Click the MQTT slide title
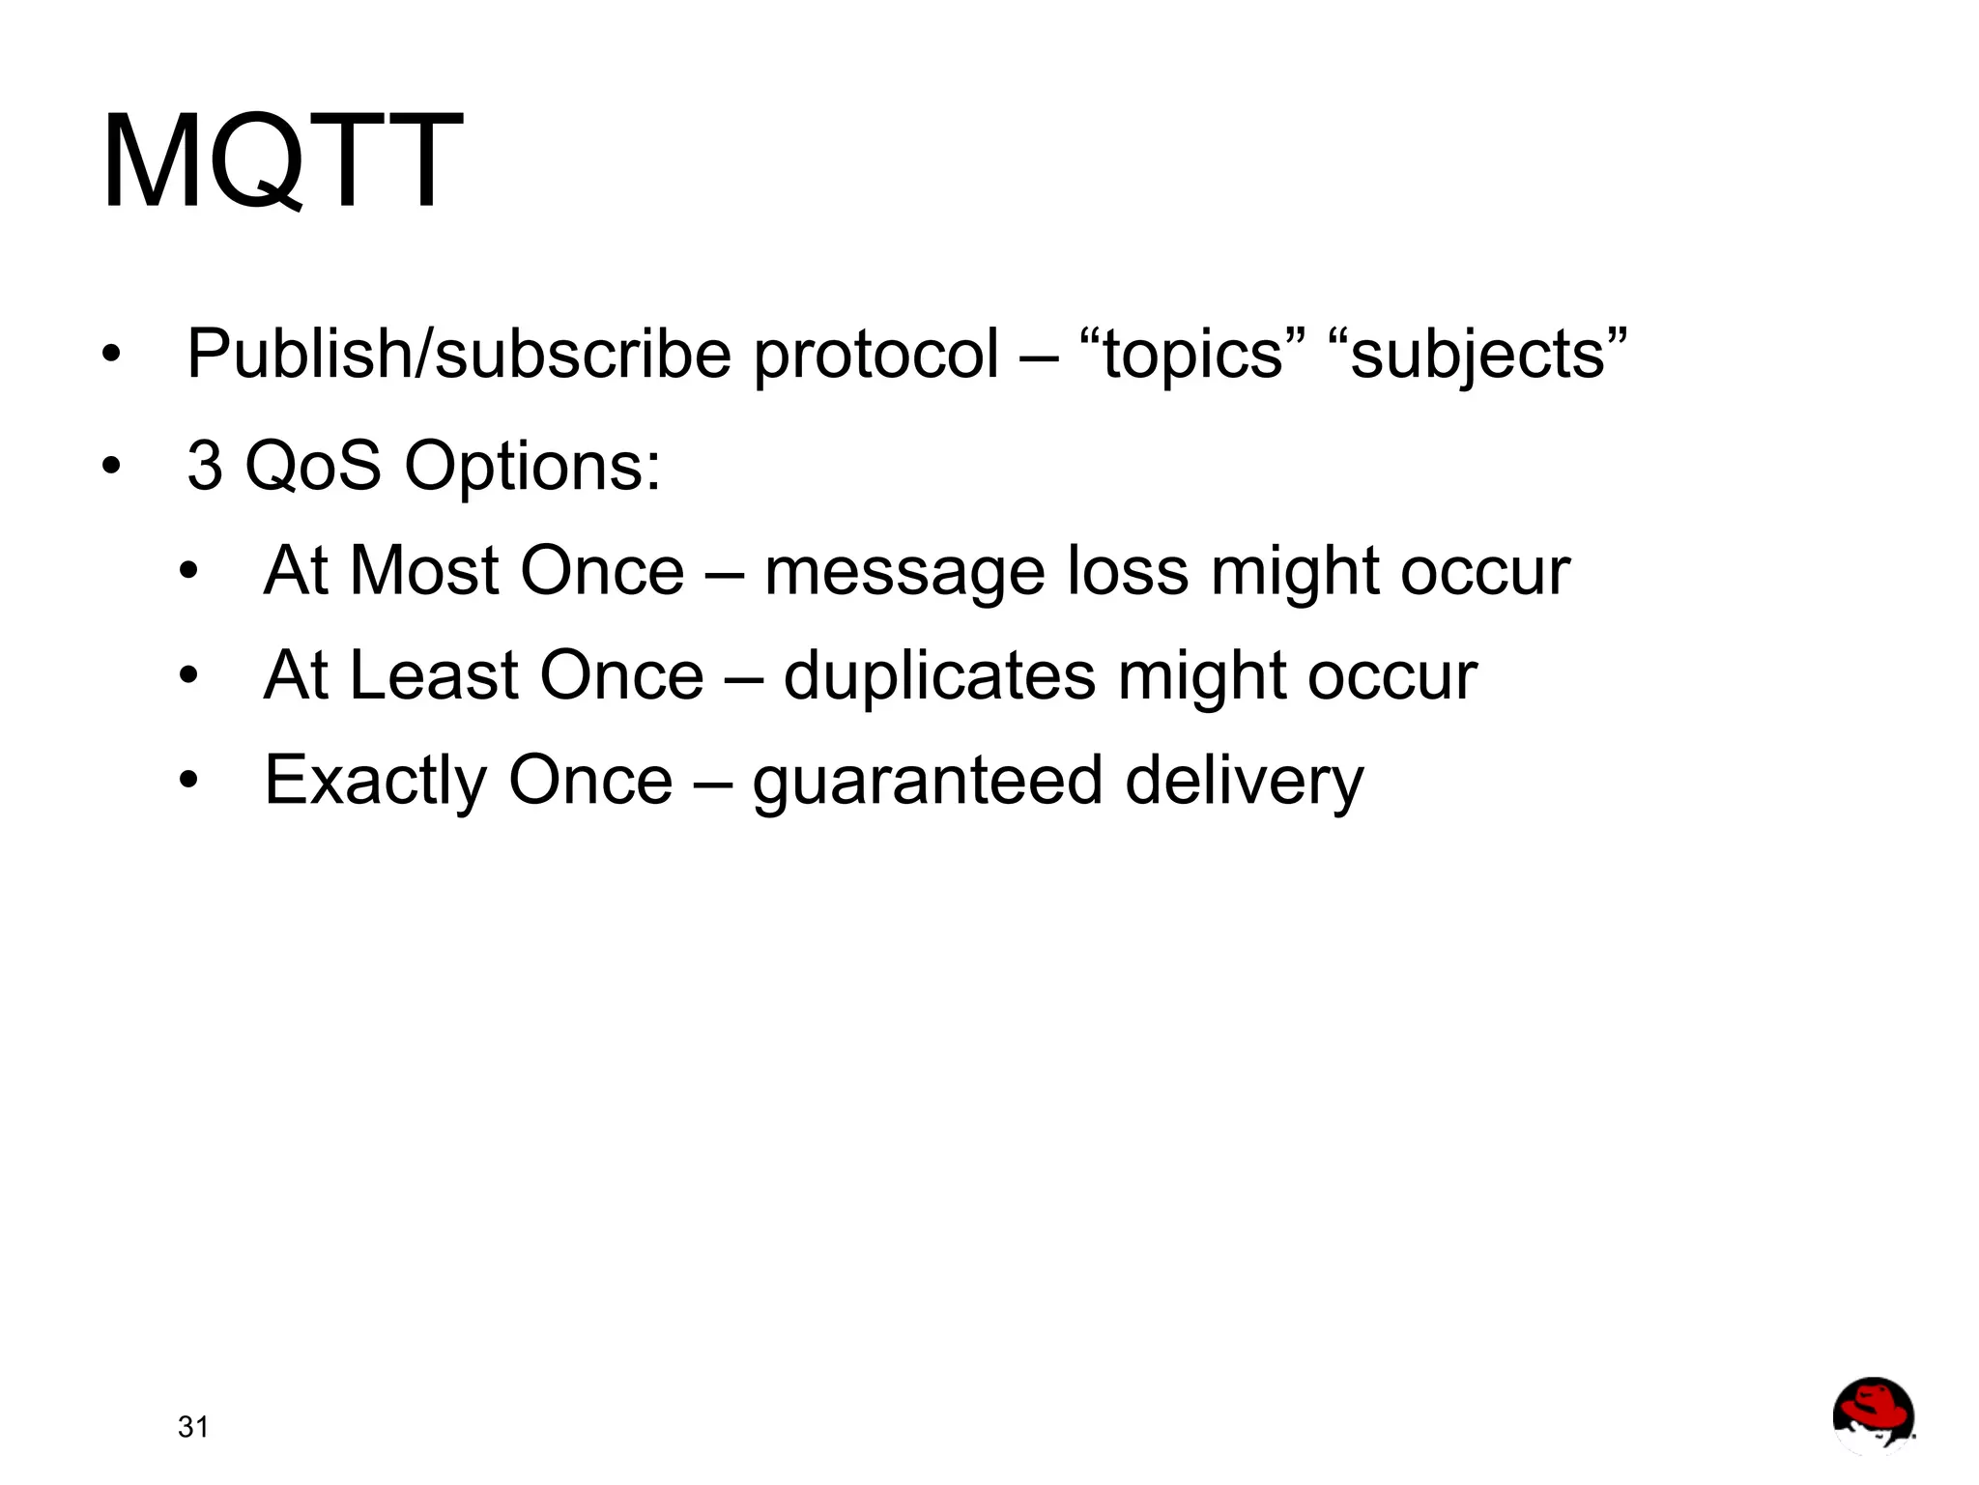pyautogui.click(x=282, y=160)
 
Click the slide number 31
pyautogui.click(x=193, y=1427)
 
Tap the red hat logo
pyautogui.click(x=1873, y=1415)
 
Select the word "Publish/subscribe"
pyautogui.click(x=459, y=355)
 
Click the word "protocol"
pyautogui.click(x=875, y=355)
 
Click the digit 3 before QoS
pyautogui.click(x=204, y=466)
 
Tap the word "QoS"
pyautogui.click(x=313, y=466)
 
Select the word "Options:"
pyautogui.click(x=532, y=466)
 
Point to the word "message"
pyautogui.click(x=904, y=573)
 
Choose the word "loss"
pyautogui.click(x=1128, y=571)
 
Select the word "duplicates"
pyautogui.click(x=939, y=675)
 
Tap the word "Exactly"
pyautogui.click(x=375, y=781)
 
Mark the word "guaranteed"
pyautogui.click(x=928, y=781)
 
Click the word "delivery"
pyautogui.click(x=1245, y=781)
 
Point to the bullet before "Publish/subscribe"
pyautogui.click(x=112, y=355)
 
